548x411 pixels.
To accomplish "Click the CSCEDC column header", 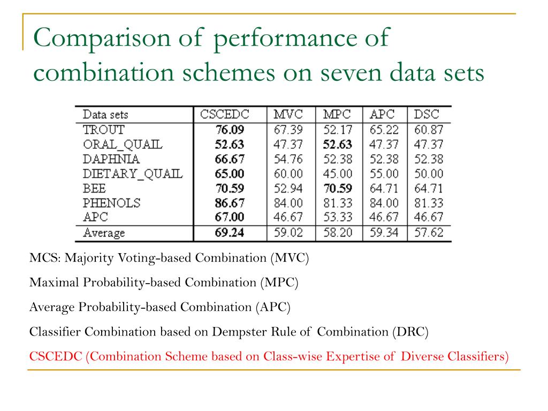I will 225,115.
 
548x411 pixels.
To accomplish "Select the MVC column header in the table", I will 288,115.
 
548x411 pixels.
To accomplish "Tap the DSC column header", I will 426,115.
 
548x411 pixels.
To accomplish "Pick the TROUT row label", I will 104,130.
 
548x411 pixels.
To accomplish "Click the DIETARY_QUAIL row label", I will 133,174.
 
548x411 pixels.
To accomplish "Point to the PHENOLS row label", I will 112,203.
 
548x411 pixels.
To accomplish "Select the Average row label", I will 104,233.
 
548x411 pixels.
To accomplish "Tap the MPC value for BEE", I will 337,188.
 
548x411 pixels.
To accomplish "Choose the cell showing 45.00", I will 337,174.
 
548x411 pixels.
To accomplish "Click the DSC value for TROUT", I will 429,130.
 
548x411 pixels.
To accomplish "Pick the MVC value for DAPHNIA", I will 289,159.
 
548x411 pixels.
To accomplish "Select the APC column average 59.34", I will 384,233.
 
